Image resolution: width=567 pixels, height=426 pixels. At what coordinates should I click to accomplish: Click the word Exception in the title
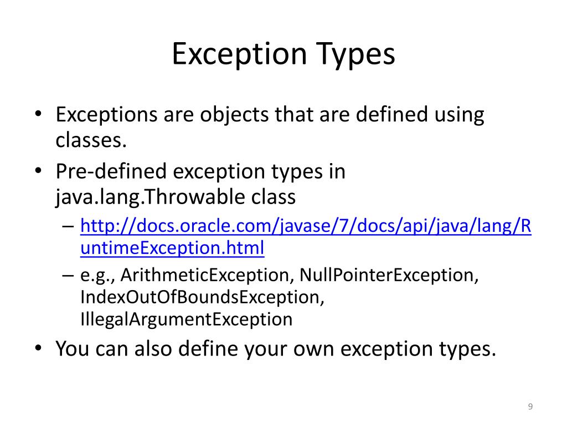point(239,54)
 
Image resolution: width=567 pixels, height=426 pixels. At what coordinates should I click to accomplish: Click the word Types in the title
point(356,54)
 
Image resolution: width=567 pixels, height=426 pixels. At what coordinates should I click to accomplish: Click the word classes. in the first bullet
point(88,140)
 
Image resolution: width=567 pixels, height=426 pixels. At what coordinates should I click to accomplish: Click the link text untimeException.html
point(172,248)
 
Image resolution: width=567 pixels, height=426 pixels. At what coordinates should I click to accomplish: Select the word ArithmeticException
point(207,275)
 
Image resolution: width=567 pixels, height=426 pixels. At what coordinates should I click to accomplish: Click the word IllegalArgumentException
point(186,319)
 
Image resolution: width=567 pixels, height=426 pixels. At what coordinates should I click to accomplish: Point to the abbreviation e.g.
point(97,275)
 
